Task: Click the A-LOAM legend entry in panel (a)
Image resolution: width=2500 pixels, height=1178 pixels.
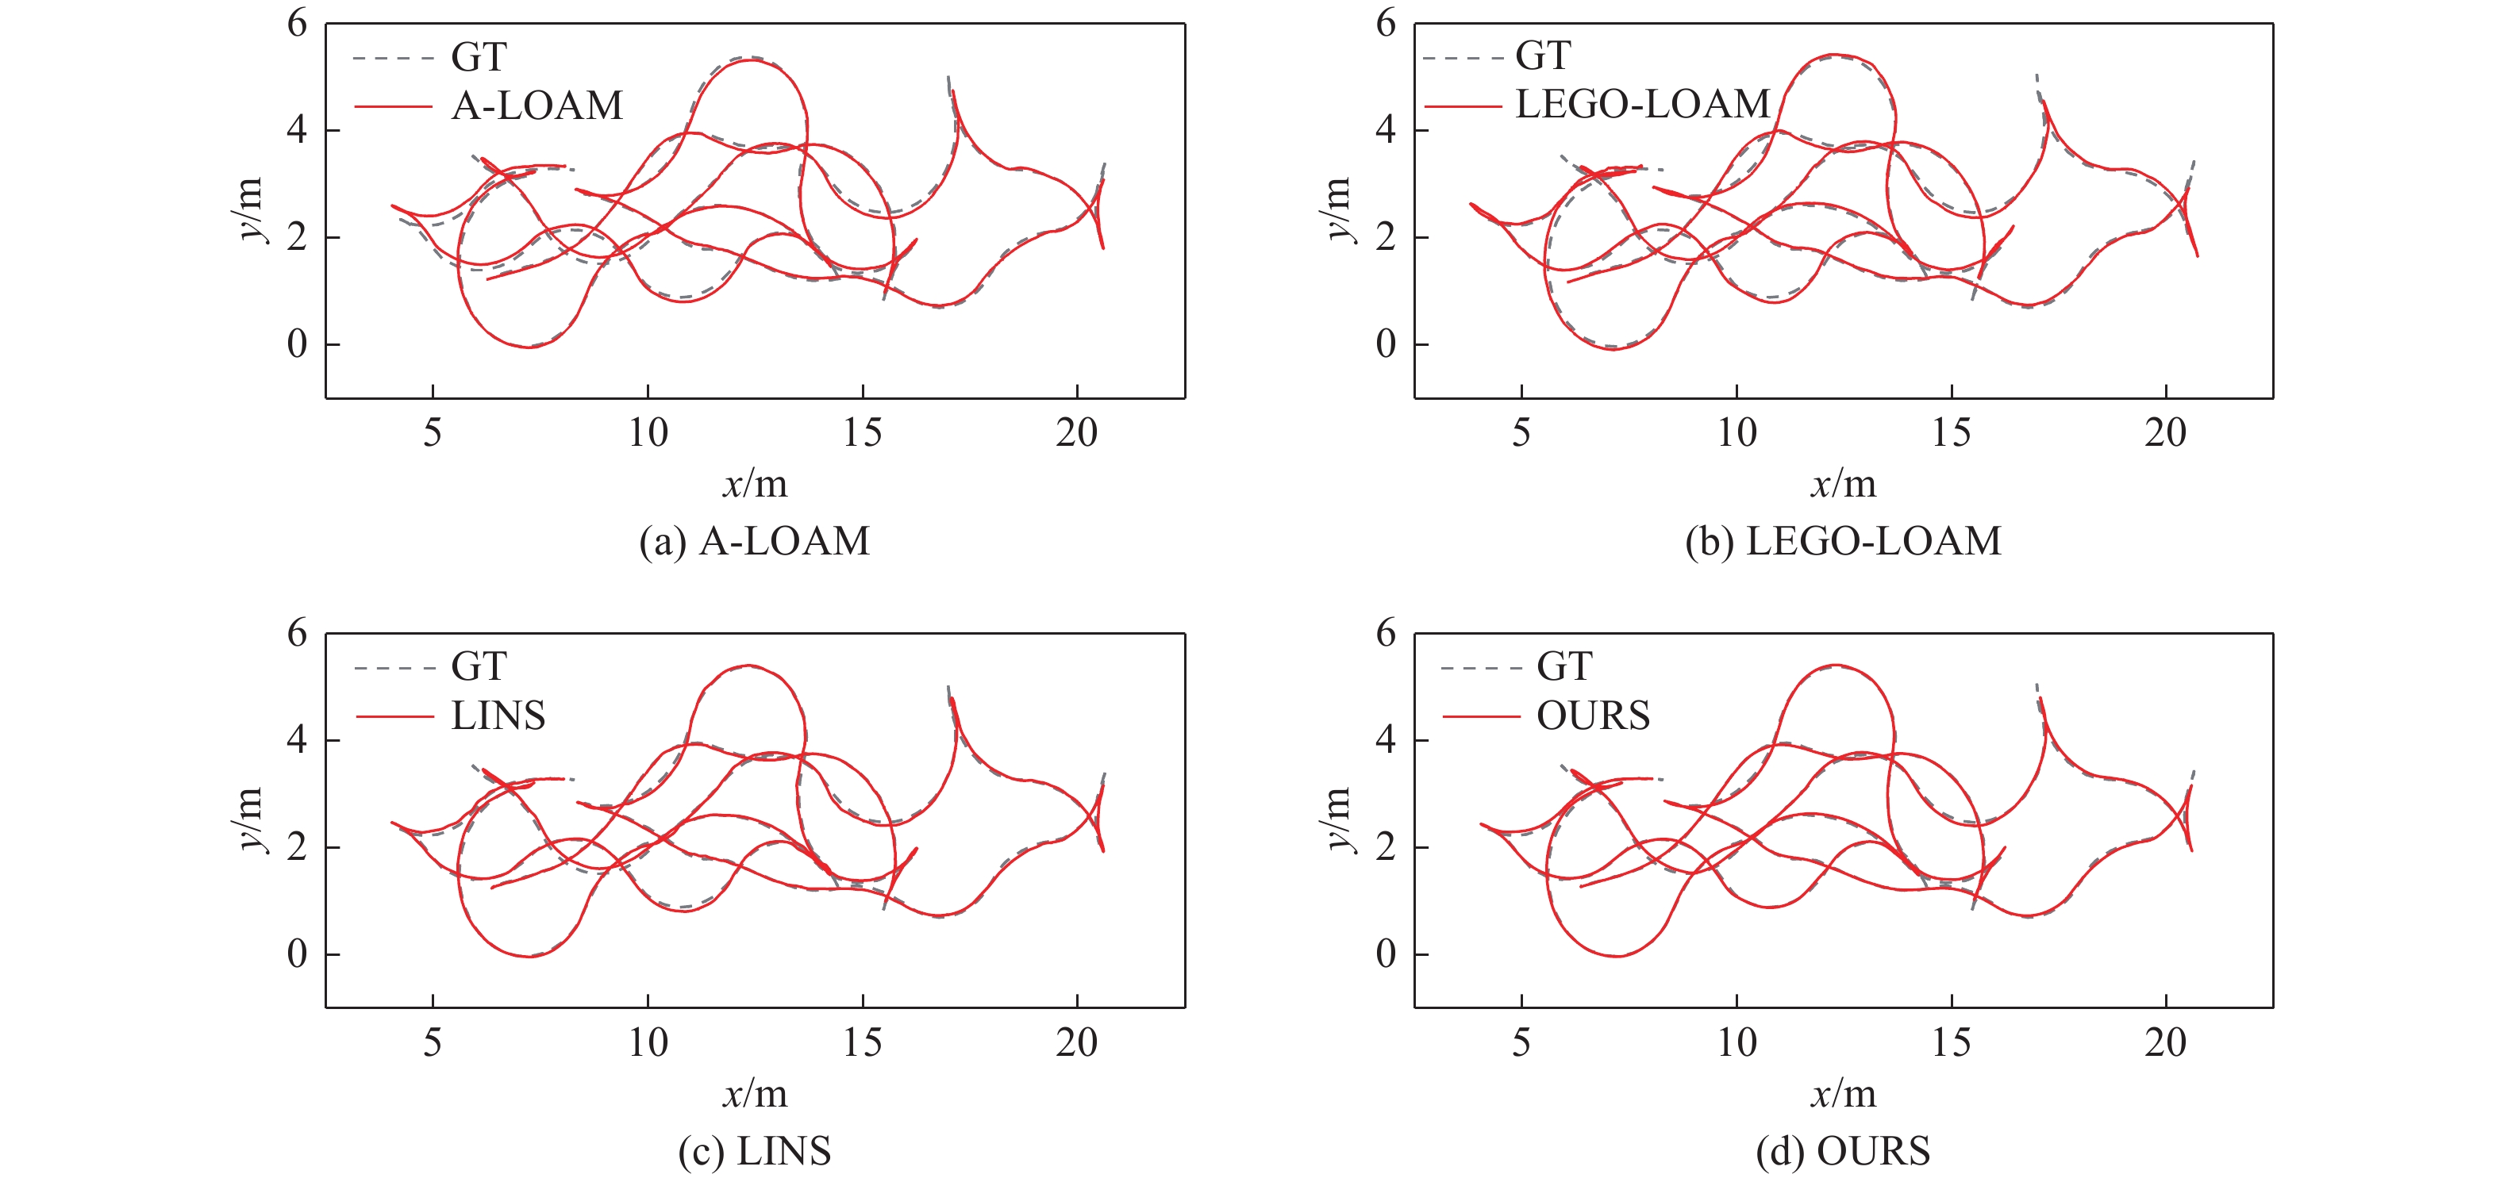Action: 537,106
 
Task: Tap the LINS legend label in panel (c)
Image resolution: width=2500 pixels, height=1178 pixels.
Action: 498,716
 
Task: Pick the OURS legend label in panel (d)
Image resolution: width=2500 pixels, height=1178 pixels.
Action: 1593,716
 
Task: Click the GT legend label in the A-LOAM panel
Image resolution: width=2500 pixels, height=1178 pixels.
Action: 479,57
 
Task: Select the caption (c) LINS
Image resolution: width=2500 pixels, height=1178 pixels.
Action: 754,1152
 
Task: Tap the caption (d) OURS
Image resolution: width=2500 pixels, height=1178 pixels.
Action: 1843,1152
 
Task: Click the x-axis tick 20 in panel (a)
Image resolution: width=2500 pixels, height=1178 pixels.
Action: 1076,433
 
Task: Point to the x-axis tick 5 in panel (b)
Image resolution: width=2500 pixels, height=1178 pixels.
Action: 1521,433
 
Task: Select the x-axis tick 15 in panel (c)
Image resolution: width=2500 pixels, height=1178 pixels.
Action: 862,1043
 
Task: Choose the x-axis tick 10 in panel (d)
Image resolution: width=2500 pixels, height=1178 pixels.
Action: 1737,1043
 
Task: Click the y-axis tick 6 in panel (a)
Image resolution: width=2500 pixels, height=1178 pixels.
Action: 297,23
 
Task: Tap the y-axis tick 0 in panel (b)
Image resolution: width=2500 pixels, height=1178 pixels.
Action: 1386,344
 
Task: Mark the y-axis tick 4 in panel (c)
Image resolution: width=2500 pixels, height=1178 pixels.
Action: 297,740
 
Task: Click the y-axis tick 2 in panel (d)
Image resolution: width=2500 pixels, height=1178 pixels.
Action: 1386,847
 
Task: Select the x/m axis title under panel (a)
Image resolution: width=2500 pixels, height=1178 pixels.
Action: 754,484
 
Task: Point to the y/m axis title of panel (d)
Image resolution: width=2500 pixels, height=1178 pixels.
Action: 1337,820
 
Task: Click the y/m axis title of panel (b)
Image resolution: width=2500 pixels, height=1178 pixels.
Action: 1337,209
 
